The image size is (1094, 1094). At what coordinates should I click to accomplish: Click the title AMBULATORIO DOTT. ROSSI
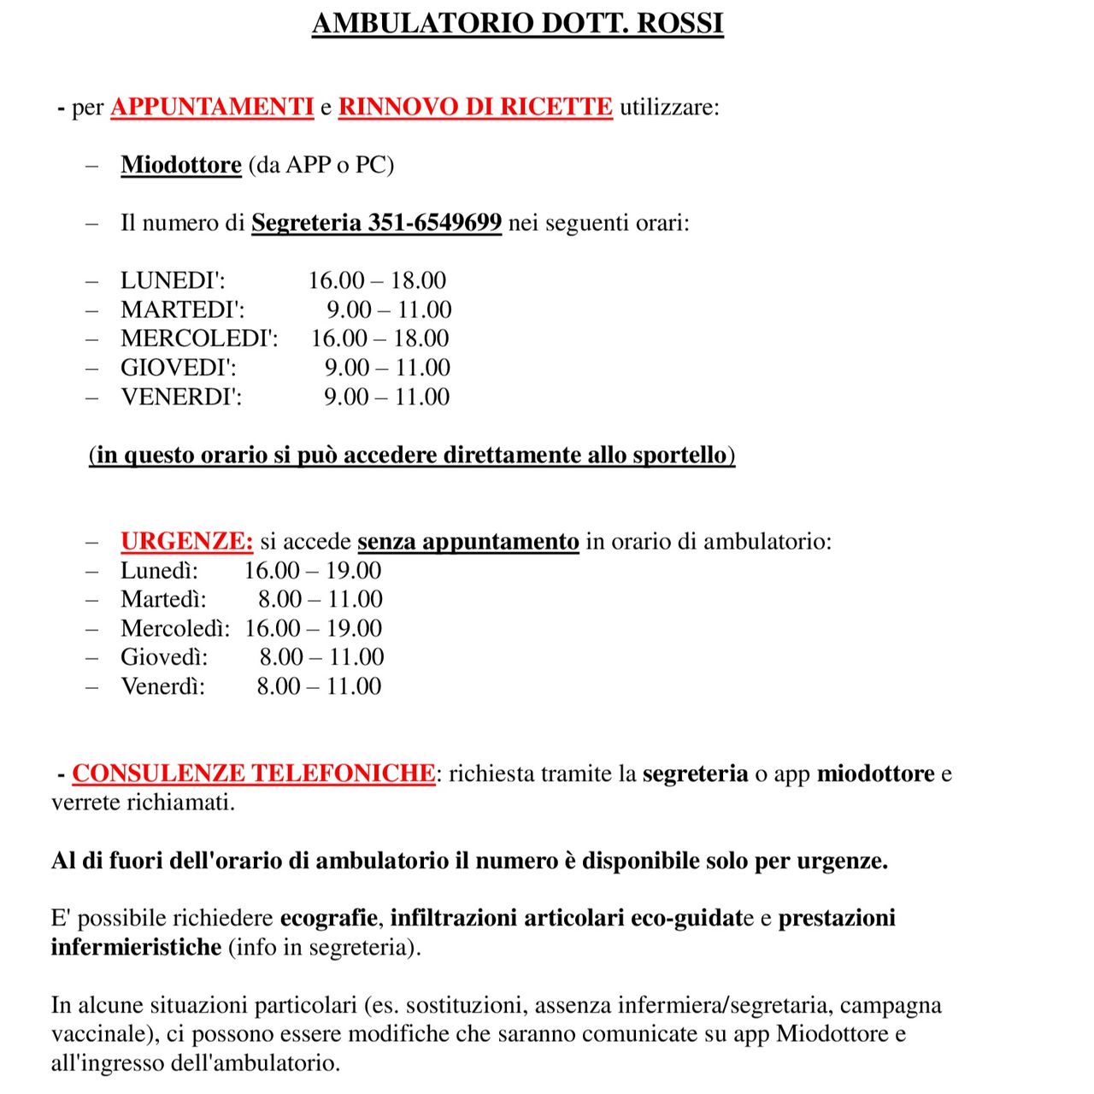click(517, 23)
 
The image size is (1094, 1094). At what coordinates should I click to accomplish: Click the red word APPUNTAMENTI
click(212, 107)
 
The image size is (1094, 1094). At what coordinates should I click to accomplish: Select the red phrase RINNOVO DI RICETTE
click(475, 107)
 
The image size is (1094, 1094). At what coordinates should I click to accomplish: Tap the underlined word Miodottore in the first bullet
click(181, 164)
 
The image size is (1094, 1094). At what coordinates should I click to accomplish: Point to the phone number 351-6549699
click(434, 222)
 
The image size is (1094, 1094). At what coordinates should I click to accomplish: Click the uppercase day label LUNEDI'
click(173, 280)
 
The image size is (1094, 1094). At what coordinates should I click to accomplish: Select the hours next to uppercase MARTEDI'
click(389, 309)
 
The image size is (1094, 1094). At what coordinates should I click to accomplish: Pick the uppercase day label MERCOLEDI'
click(199, 338)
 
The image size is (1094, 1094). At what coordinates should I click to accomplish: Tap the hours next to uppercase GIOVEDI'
click(387, 368)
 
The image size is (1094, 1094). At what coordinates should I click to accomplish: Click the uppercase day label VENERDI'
click(181, 397)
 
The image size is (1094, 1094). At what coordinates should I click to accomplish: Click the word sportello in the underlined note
click(679, 455)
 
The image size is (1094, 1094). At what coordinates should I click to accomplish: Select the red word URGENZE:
click(186, 541)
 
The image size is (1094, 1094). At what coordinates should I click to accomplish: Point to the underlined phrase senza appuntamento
click(468, 541)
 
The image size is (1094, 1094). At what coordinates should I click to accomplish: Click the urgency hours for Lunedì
click(313, 570)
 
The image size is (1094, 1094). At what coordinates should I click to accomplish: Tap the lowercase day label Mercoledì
click(174, 628)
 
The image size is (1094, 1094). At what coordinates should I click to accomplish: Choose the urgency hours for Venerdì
click(319, 686)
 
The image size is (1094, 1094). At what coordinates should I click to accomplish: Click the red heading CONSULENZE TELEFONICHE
click(253, 773)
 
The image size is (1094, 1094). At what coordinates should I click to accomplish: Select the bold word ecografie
click(329, 918)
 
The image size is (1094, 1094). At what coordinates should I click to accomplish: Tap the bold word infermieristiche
click(136, 947)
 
